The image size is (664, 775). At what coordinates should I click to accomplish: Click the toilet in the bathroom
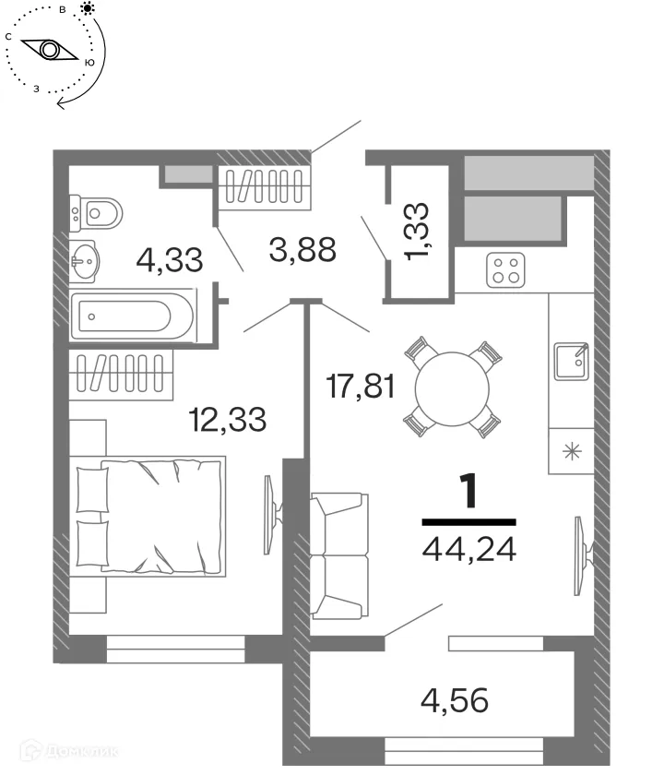click(x=98, y=214)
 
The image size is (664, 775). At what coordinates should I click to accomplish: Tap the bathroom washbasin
click(x=89, y=261)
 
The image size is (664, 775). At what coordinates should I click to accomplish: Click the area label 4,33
click(x=169, y=259)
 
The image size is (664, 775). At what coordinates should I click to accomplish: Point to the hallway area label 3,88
click(x=302, y=250)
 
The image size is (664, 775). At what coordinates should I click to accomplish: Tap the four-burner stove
click(x=505, y=270)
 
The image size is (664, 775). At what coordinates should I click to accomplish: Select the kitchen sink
click(x=572, y=361)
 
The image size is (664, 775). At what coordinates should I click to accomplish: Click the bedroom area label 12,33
click(x=226, y=420)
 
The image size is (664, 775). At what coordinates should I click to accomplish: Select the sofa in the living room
click(x=339, y=556)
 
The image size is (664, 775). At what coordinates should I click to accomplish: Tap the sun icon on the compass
click(x=88, y=9)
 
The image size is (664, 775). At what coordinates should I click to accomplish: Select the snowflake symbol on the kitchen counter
click(x=572, y=451)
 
